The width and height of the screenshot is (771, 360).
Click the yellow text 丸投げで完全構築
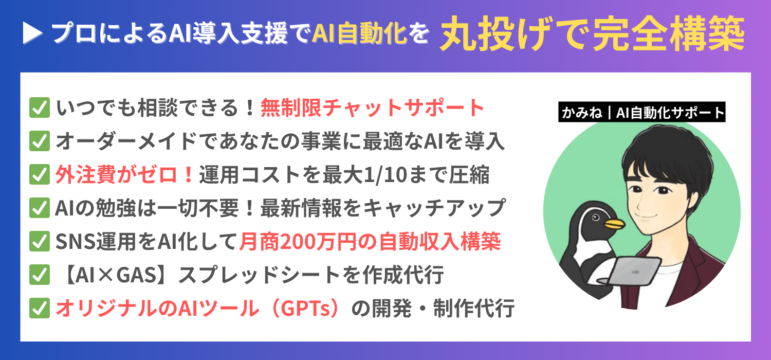(x=592, y=33)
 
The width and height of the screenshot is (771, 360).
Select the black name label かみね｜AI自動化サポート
(x=641, y=112)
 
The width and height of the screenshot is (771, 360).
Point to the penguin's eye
(x=596, y=217)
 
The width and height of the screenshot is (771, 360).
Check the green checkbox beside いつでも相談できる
(x=40, y=107)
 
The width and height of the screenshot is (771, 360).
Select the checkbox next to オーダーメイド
(x=40, y=141)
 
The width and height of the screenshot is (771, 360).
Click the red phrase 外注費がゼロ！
(x=124, y=174)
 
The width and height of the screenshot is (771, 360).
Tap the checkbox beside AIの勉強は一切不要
(x=40, y=208)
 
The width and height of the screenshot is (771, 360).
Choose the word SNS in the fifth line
(x=76, y=242)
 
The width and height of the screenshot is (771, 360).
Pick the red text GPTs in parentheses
(x=305, y=309)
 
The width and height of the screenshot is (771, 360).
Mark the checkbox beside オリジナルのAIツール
(x=40, y=308)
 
